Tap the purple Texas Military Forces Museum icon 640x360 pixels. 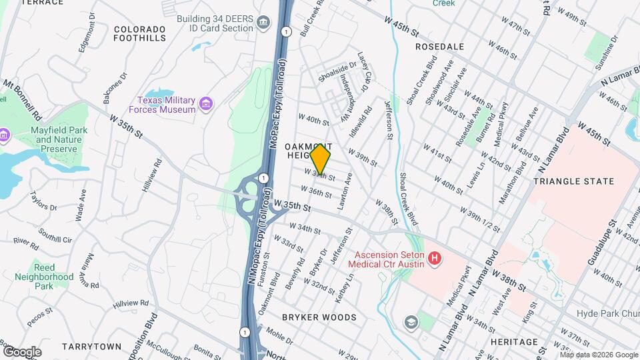tap(206, 104)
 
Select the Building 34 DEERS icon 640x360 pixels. tap(263, 24)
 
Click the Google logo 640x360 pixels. tap(22, 351)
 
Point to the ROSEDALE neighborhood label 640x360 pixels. tap(439, 47)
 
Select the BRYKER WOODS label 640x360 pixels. tap(319, 317)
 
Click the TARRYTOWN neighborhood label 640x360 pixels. tap(91, 347)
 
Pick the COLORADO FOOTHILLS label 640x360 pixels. tap(139, 34)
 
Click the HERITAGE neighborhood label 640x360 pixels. tap(515, 342)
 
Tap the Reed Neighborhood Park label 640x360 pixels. tap(44, 277)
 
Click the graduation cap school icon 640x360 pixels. tap(411, 323)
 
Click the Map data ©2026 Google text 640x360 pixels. tap(598, 355)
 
